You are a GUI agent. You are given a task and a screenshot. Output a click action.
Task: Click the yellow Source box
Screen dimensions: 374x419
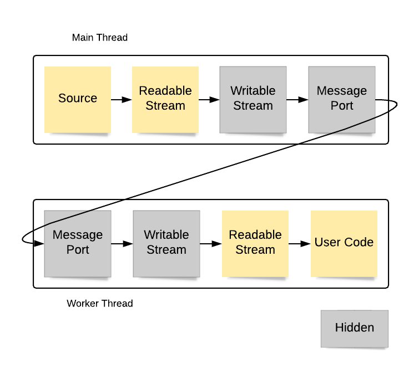point(78,100)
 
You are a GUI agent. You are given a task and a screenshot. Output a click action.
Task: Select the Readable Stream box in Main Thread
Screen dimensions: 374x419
point(165,100)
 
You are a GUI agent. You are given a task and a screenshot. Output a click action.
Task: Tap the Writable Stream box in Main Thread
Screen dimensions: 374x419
point(253,100)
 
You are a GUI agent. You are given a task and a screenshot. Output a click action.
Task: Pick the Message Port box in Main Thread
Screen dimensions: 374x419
point(342,100)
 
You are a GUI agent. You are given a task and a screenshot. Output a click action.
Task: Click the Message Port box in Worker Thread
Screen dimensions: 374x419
point(78,244)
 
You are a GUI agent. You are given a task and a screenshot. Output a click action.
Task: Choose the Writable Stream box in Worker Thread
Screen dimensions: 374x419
point(166,244)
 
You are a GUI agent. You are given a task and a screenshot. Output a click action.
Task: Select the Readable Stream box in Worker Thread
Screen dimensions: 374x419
point(255,244)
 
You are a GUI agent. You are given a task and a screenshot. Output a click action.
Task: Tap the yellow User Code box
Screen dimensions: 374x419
point(344,244)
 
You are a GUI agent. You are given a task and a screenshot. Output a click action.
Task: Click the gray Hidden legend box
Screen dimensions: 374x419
point(355,329)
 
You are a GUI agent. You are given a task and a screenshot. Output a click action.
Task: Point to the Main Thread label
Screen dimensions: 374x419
point(100,38)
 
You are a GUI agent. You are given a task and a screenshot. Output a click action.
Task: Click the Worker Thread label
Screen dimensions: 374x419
point(100,304)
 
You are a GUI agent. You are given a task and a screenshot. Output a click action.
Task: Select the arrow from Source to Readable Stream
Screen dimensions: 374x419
point(122,100)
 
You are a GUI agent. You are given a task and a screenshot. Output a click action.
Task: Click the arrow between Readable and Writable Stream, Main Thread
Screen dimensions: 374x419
point(209,100)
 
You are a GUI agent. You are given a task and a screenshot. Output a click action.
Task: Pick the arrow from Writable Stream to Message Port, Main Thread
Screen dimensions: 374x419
point(297,100)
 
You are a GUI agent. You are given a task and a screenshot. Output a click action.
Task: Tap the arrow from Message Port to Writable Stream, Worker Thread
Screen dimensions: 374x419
point(122,243)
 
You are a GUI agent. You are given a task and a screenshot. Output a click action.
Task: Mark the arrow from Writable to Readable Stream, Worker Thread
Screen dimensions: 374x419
point(211,243)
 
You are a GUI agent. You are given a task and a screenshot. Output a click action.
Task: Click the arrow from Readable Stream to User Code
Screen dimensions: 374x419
point(300,243)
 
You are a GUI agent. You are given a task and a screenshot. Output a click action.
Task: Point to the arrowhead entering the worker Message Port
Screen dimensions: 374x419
point(40,243)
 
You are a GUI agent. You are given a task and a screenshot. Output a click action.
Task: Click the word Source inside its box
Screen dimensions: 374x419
point(78,98)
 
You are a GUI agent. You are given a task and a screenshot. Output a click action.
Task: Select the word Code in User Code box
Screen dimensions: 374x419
point(359,242)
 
